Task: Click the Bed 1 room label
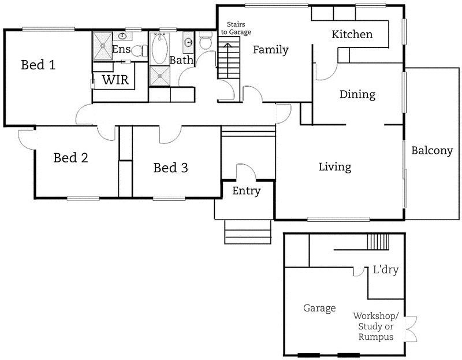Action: click(38, 65)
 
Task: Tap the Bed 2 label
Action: click(70, 158)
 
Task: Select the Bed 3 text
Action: click(170, 168)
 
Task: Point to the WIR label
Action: click(115, 80)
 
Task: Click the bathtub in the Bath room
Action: click(160, 50)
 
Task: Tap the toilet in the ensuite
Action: click(139, 51)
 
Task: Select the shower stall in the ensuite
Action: click(102, 47)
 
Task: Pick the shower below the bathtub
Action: click(160, 76)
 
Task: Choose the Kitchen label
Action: click(352, 35)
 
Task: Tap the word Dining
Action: click(357, 94)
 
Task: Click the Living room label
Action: click(335, 167)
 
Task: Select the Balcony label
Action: click(432, 151)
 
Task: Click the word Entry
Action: click(247, 191)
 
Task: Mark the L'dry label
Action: click(386, 269)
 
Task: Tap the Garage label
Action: click(319, 309)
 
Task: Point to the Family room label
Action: click(270, 50)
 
